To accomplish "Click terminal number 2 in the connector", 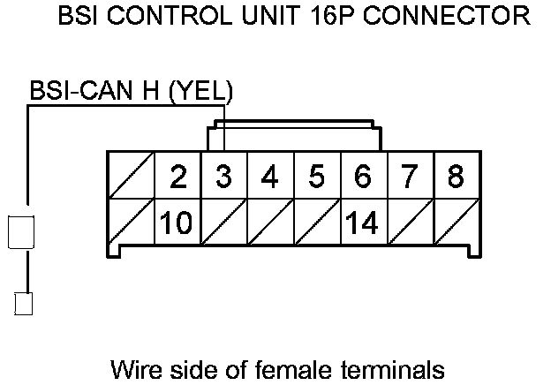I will [178, 177].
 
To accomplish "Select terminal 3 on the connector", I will [224, 177].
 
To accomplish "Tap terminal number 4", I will [270, 177].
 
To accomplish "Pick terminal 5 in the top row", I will [316, 177].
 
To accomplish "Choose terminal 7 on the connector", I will [408, 177].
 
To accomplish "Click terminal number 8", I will [455, 177].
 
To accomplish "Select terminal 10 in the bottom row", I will [178, 223].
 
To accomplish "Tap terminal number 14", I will [362, 223].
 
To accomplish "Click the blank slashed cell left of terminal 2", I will [131, 177].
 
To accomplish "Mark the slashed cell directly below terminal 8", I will [455, 223].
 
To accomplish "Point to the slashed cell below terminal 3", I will [224, 223].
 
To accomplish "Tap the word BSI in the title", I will [76, 16].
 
